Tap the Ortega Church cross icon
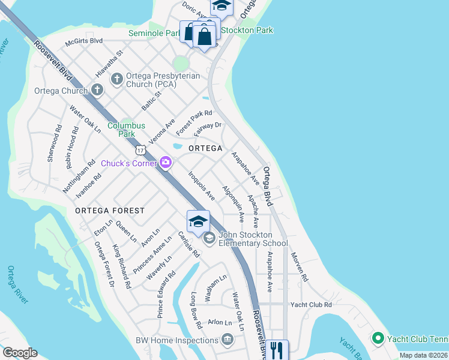(x=97, y=91)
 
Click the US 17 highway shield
(x=140, y=148)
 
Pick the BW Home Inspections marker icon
(x=228, y=340)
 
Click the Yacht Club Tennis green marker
(x=378, y=338)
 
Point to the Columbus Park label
(x=126, y=130)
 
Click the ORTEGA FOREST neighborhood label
(x=110, y=211)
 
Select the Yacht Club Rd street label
(x=311, y=305)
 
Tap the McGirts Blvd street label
(x=84, y=41)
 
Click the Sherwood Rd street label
(x=53, y=143)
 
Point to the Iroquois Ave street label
(x=202, y=187)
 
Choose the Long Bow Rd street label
(x=196, y=310)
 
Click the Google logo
(x=20, y=353)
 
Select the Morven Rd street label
(x=299, y=267)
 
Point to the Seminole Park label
(x=154, y=34)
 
